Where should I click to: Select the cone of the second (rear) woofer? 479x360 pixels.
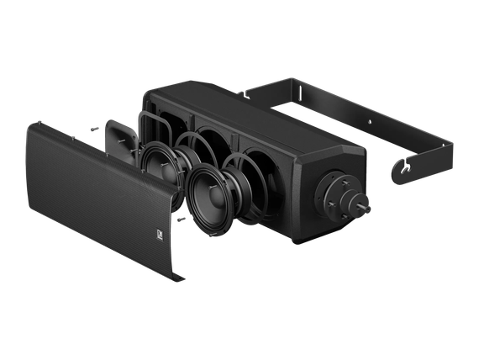point(155,160)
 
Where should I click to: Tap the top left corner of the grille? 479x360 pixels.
point(37,126)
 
